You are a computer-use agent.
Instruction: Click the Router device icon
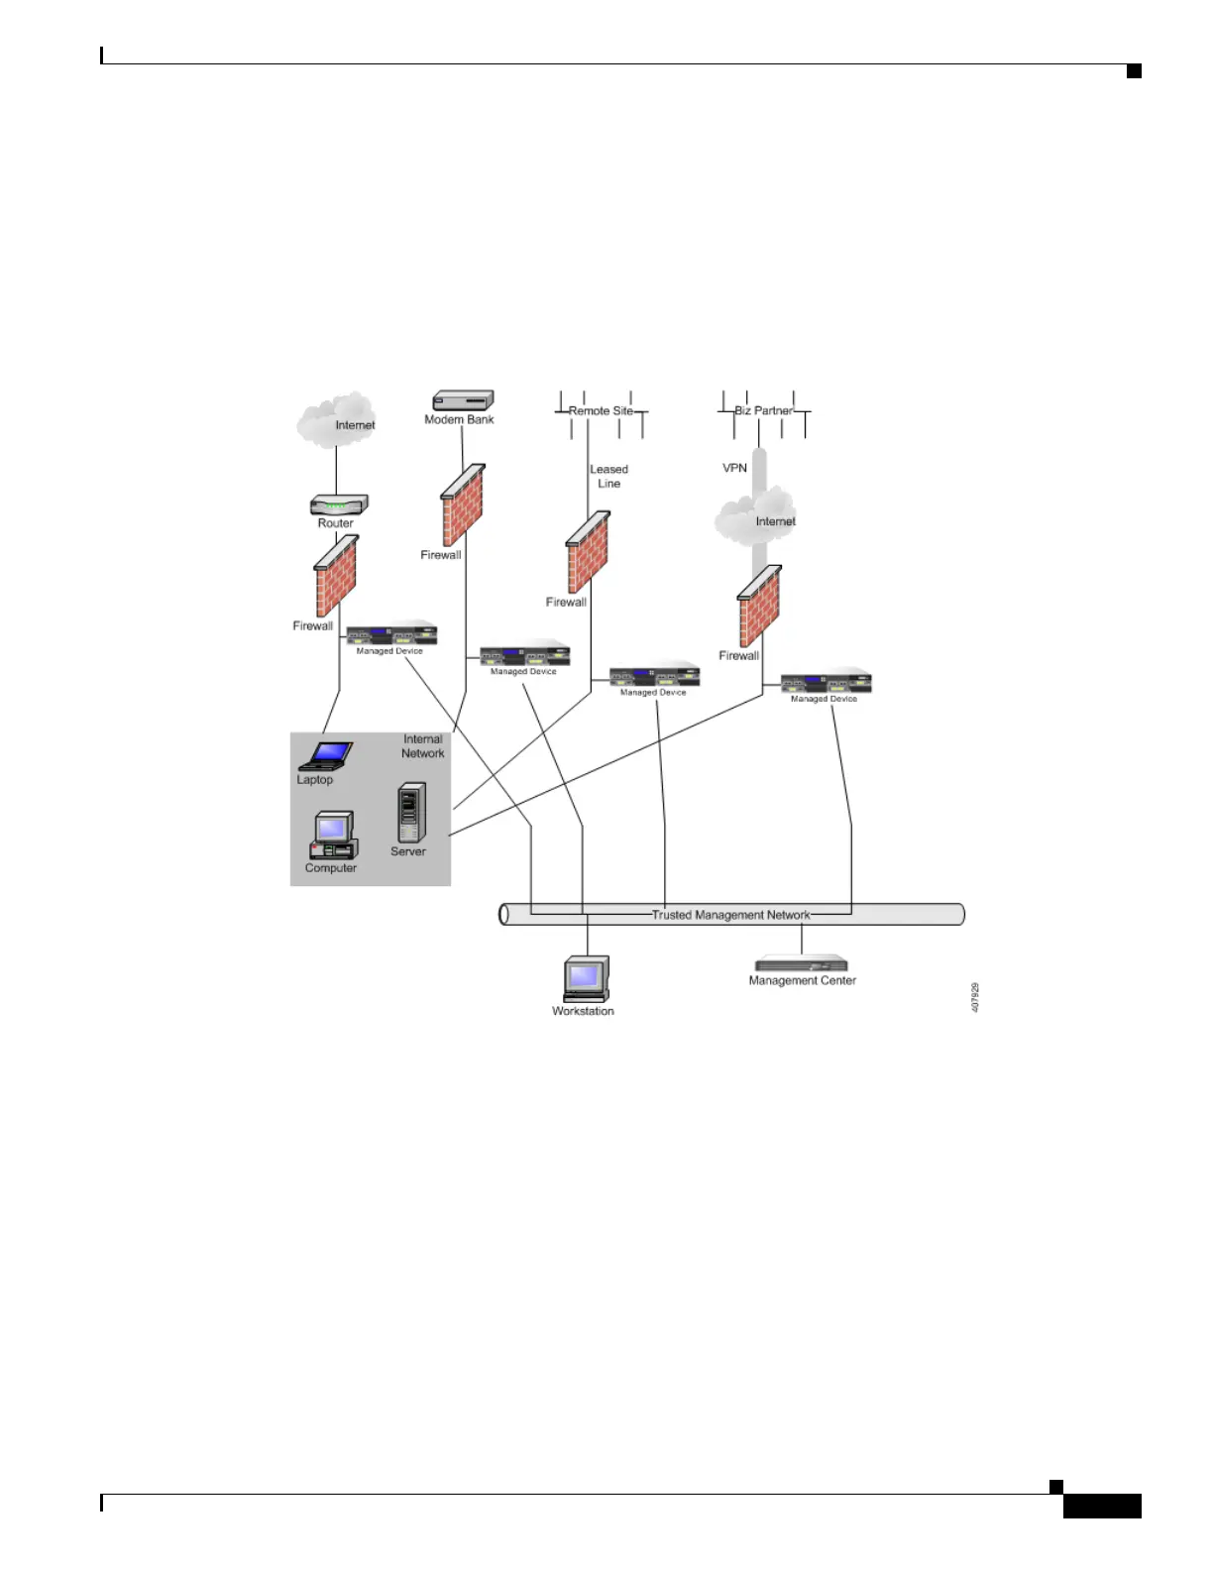[339, 505]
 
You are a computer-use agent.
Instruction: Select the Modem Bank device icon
[463, 399]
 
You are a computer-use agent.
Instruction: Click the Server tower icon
[411, 813]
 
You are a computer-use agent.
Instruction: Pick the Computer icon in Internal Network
[333, 836]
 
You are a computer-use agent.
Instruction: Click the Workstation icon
[586, 979]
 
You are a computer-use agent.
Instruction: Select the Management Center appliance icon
[802, 963]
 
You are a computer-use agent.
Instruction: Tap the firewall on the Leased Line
[588, 552]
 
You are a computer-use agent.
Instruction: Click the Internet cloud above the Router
[336, 420]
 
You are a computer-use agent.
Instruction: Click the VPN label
[734, 468]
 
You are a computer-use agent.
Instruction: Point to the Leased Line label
[608, 477]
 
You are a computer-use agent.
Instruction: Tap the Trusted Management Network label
[730, 915]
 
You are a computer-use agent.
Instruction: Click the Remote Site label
[601, 410]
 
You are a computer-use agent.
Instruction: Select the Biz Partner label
[763, 410]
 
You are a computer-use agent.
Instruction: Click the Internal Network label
[422, 746]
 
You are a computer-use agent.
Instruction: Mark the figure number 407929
[975, 997]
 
